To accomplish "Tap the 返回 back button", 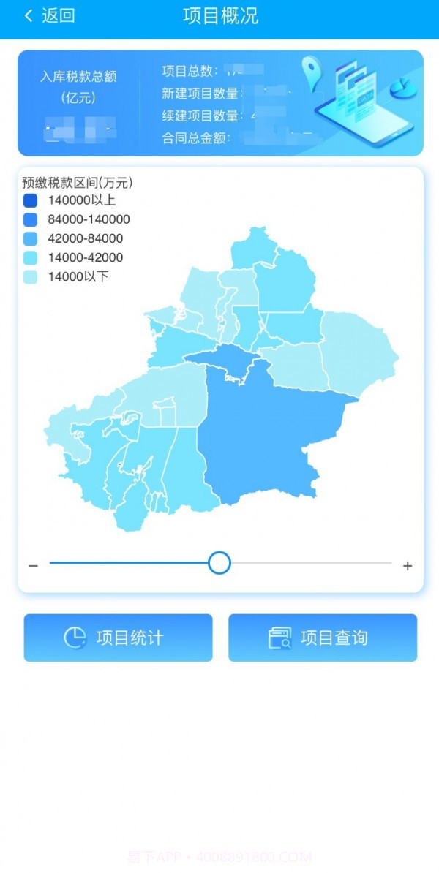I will pyautogui.click(x=50, y=16).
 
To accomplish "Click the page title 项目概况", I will pyautogui.click(x=220, y=16).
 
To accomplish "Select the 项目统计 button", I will pyautogui.click(x=119, y=638).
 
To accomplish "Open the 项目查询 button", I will pyautogui.click(x=323, y=638).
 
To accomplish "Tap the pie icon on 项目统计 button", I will pyautogui.click(x=75, y=638).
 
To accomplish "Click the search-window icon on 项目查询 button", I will pyautogui.click(x=279, y=638).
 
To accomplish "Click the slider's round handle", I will pyautogui.click(x=219, y=563).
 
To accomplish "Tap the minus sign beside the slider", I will pyautogui.click(x=33, y=566).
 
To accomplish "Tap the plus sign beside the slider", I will pyautogui.click(x=408, y=566).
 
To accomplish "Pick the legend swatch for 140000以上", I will pyautogui.click(x=30, y=200).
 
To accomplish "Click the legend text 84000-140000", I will pyautogui.click(x=89, y=219).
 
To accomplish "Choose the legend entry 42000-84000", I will pyautogui.click(x=85, y=238).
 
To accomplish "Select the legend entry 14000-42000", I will pyautogui.click(x=85, y=257).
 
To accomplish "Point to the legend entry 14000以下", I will pyautogui.click(x=78, y=276).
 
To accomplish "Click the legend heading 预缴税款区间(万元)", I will pyautogui.click(x=77, y=183).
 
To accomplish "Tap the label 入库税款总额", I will pyautogui.click(x=78, y=77).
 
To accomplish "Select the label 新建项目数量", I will pyautogui.click(x=201, y=93).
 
